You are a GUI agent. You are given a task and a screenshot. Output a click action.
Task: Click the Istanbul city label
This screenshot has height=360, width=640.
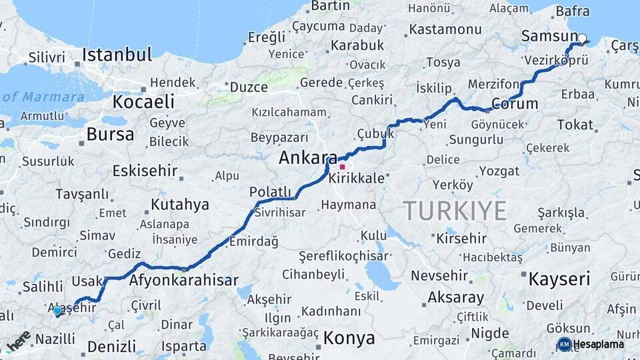pyautogui.click(x=117, y=54)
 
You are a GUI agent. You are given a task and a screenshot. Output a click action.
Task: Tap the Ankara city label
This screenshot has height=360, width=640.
pyautogui.click(x=307, y=158)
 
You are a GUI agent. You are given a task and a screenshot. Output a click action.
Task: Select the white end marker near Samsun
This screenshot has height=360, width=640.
pyautogui.click(x=582, y=39)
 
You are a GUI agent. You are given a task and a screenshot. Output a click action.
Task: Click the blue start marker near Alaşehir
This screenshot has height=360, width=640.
pyautogui.click(x=57, y=311)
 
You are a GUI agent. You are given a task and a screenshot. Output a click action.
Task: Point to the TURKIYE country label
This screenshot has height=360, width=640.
pyautogui.click(x=454, y=211)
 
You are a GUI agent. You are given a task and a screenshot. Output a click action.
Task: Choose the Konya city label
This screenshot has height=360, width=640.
pyautogui.click(x=349, y=338)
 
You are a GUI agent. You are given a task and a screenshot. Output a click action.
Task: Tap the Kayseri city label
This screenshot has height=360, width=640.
pyautogui.click(x=559, y=279)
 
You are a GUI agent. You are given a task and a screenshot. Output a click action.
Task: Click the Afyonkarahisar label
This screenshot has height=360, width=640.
pyautogui.click(x=183, y=281)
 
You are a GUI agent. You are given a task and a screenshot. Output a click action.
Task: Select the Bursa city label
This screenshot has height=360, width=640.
pyautogui.click(x=110, y=134)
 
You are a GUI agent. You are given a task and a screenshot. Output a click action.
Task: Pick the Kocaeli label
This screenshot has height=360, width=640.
pyautogui.click(x=143, y=102)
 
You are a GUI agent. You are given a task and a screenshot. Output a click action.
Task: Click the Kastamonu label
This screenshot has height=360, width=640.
pyautogui.click(x=445, y=29)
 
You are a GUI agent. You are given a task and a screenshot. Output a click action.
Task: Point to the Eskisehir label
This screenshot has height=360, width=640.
pyautogui.click(x=145, y=171)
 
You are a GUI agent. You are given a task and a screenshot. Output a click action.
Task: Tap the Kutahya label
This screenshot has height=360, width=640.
pyautogui.click(x=179, y=204)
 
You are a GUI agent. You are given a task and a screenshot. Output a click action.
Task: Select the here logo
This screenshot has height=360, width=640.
pyautogui.click(x=19, y=341)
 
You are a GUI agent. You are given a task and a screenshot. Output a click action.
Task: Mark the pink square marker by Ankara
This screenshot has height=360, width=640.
pyautogui.click(x=343, y=167)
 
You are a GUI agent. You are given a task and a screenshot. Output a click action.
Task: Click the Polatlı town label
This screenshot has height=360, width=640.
pyautogui.click(x=270, y=192)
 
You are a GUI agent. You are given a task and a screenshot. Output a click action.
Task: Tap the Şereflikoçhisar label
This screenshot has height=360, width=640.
pyautogui.click(x=343, y=256)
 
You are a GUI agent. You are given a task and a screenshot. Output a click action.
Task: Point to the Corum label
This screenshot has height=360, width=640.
pyautogui.click(x=515, y=103)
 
